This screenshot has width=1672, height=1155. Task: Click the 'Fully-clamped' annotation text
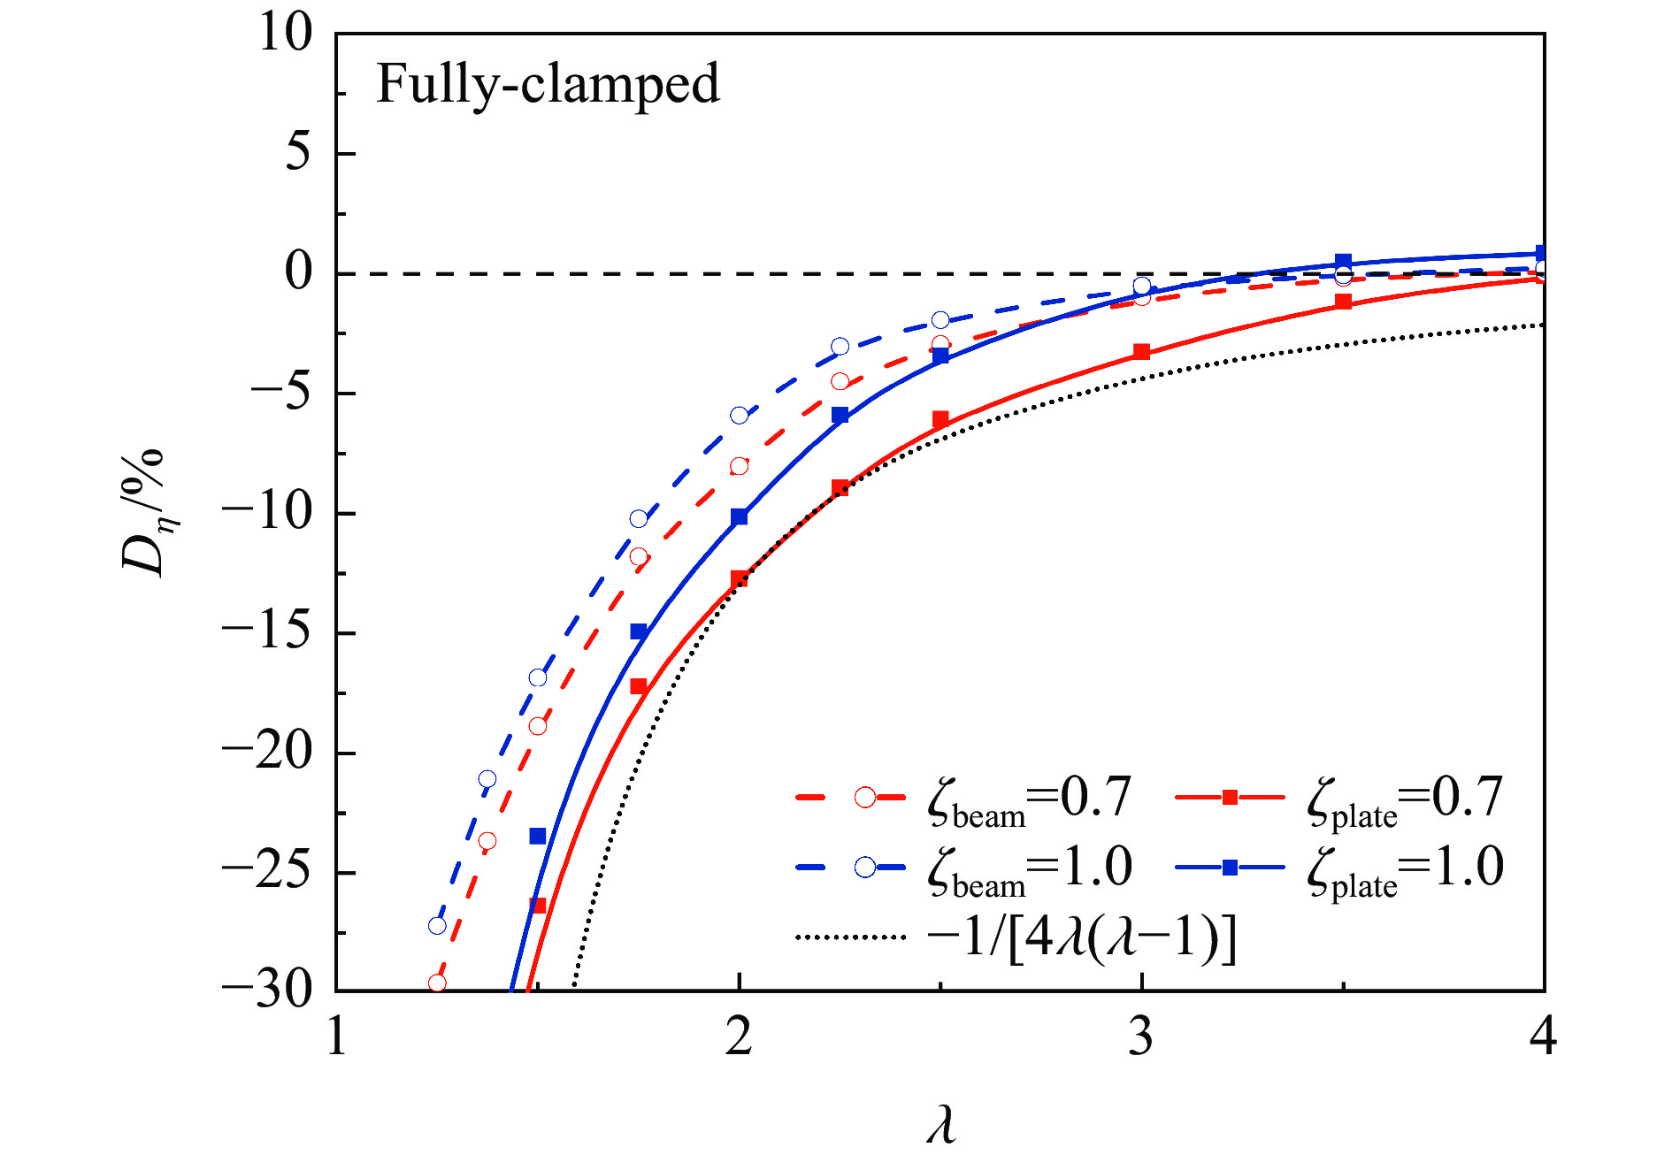coord(548,86)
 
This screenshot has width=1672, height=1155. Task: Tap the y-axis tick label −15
coord(267,632)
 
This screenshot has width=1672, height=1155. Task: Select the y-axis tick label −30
coord(267,991)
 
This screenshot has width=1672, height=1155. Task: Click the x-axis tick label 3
coord(1141,1036)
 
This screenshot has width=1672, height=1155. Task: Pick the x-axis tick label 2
coord(739,1036)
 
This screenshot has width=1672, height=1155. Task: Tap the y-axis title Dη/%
coord(143,513)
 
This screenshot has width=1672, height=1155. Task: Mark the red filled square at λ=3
coord(1142,352)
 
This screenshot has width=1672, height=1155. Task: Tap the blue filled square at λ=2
coord(740,516)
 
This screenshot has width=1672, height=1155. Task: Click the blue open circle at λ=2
coord(740,415)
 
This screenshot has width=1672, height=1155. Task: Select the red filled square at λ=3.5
coord(1344,302)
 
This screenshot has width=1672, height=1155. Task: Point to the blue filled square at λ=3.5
coord(1344,261)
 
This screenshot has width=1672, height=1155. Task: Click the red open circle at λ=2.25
coord(840,381)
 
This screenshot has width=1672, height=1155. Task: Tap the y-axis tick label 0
coord(299,272)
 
